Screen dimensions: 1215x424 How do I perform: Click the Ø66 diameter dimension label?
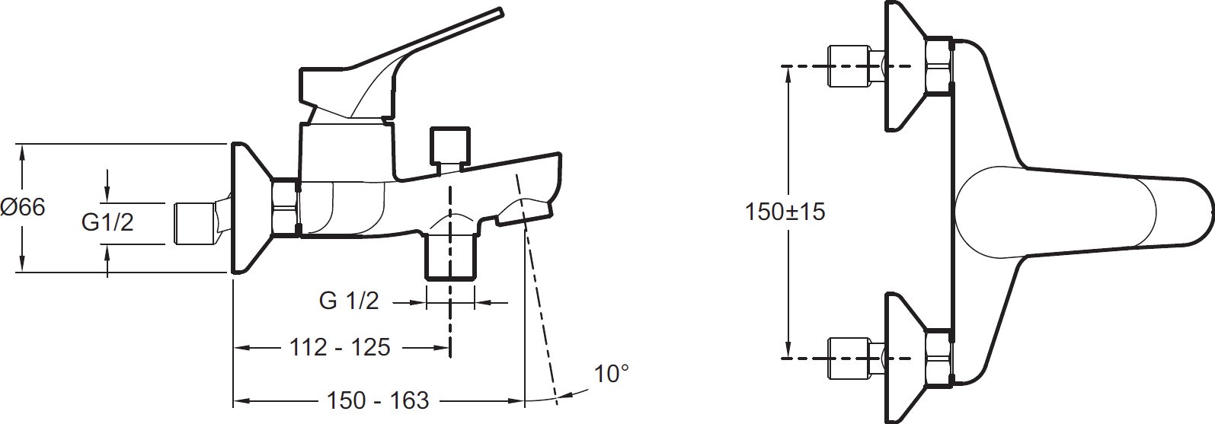click(x=23, y=208)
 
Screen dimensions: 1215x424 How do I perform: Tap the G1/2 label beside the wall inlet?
click(x=107, y=222)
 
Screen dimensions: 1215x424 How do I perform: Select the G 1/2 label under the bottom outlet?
click(x=349, y=301)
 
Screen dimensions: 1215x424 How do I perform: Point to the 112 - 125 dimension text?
click(x=340, y=348)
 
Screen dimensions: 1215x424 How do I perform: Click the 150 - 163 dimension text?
click(x=378, y=400)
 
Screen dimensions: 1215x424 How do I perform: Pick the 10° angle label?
click(x=612, y=374)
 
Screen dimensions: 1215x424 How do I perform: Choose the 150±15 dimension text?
click(x=785, y=212)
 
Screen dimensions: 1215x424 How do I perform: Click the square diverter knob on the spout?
click(x=449, y=145)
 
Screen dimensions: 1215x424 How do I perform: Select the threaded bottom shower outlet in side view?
click(x=451, y=257)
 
